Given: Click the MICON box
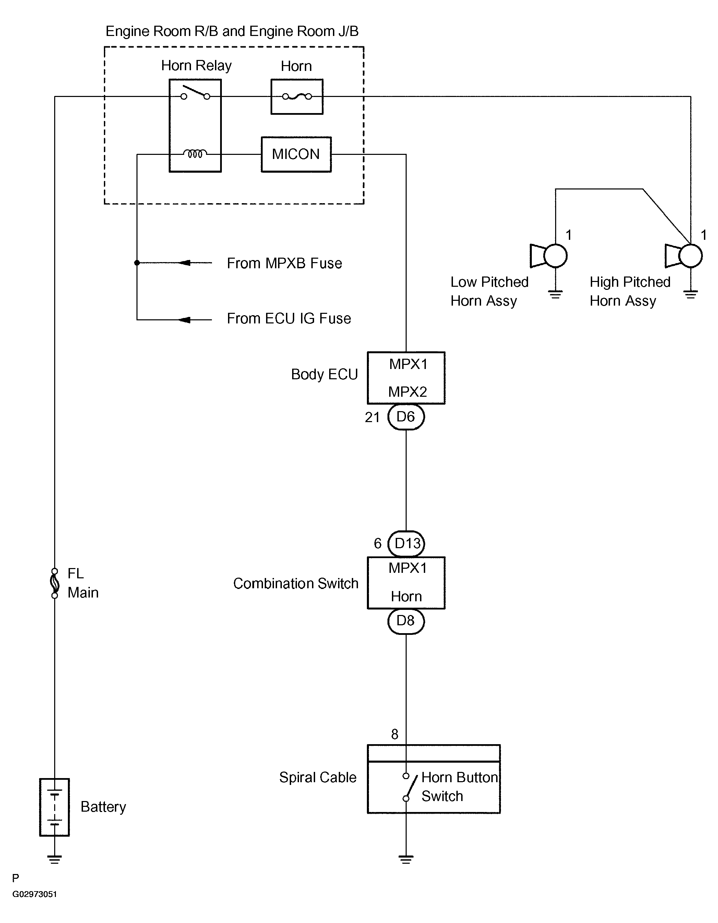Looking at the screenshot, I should click(296, 154).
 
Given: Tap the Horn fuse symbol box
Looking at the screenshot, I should click(297, 97).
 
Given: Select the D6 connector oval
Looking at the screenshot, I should click(406, 417).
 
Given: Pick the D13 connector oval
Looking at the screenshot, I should click(406, 543).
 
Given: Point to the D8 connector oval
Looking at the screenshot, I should click(406, 621).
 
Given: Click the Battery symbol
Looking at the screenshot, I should click(55, 807).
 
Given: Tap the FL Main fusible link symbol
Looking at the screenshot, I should click(55, 583).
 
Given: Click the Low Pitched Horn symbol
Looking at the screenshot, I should click(549, 256).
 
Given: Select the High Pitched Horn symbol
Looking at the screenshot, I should click(684, 256).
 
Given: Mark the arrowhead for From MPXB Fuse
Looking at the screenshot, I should click(184, 263).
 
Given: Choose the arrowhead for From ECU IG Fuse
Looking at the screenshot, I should click(184, 320).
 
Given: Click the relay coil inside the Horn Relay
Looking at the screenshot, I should click(195, 154).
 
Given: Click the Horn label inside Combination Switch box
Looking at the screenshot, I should click(406, 596).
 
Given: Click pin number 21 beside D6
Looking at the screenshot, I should click(372, 418).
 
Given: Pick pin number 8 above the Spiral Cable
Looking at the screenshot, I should click(395, 735).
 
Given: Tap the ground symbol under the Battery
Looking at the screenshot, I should click(55, 860).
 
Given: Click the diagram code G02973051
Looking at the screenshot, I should click(35, 894).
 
